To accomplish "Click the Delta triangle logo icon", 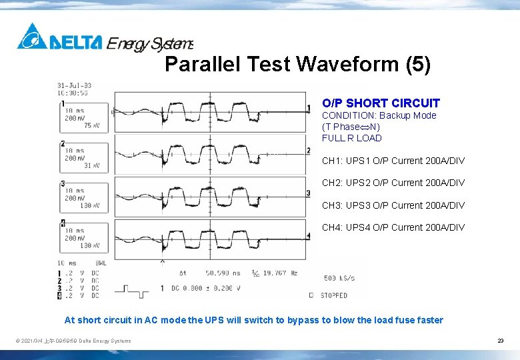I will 32,37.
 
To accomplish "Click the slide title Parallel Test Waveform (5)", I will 297,65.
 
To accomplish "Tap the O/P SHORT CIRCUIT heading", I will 381,103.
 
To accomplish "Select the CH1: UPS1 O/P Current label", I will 393,161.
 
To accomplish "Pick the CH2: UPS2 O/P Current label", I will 393,183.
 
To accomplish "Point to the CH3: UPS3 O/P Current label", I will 393,205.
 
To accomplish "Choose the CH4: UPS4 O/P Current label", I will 393,227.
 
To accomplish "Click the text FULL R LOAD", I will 351,138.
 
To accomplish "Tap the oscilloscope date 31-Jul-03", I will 74,85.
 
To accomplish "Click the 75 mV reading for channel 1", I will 91,125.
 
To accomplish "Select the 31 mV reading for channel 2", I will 91,166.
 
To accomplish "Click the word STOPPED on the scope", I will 333,295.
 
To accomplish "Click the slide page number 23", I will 500,341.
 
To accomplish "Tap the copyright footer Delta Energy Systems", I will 73,341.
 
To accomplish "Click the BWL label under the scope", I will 101,263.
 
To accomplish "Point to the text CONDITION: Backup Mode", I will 379,115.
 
